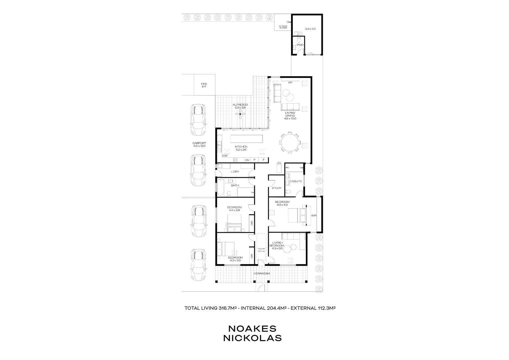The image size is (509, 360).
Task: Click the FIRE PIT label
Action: pos(204,85)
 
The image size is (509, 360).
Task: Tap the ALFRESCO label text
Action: pos(240,105)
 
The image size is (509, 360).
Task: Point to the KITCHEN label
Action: pos(241,147)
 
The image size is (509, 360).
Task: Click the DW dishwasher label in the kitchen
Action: pos(225,156)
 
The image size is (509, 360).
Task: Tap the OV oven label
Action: pos(247,160)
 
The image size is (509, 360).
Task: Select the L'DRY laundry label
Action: pos(235,172)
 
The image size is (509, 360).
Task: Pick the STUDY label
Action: pos(276,188)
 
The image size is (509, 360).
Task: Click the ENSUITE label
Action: pos(296,181)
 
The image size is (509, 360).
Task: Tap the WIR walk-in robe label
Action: pos(313,216)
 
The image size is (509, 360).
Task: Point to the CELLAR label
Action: pos(261,248)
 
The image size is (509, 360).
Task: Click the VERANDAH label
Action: pos(262,273)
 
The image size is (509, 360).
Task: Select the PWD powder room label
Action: pos(300,45)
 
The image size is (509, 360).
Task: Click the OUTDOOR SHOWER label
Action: pos(283,27)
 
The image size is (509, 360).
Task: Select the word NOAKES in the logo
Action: pos(253,328)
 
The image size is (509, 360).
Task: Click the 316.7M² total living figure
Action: pos(228,308)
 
